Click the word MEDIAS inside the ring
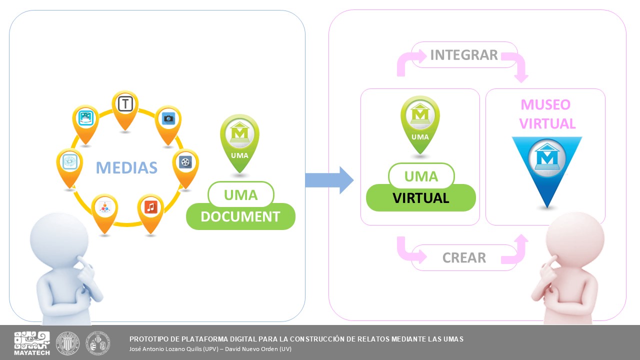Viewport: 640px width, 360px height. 126,167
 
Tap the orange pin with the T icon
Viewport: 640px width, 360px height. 125,106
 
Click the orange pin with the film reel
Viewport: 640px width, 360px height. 185,164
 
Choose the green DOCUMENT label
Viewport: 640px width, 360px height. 240,216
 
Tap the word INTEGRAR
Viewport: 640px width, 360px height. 464,55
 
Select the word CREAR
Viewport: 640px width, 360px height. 464,258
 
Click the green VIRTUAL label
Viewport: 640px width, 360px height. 420,198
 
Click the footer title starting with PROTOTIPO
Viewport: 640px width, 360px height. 296,339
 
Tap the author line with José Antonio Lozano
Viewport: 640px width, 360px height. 210,349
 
